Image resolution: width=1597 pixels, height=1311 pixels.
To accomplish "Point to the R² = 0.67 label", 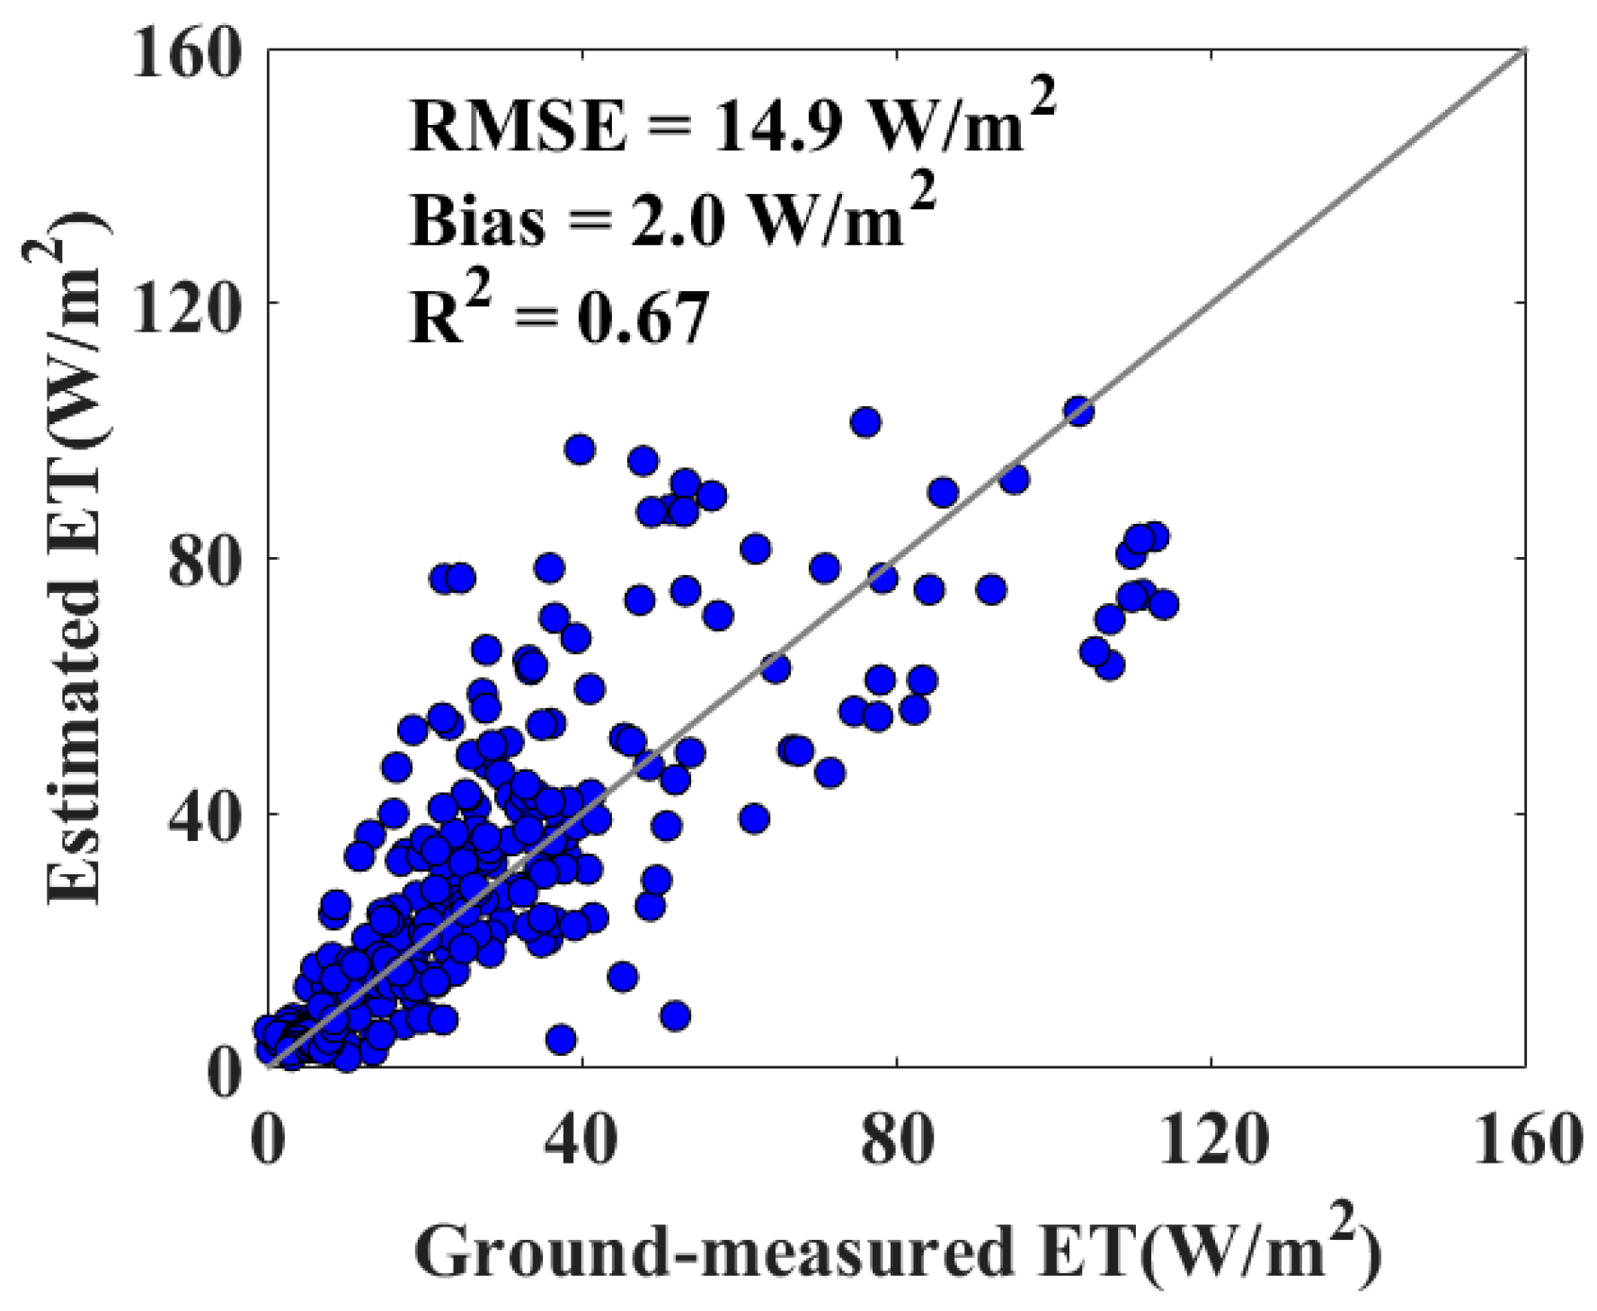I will tap(558, 317).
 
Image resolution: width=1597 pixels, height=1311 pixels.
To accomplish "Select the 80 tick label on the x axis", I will tap(896, 1139).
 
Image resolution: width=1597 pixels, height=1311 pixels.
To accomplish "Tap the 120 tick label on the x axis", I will tap(1211, 1139).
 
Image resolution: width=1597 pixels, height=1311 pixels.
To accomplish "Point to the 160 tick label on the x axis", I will tap(1524, 1139).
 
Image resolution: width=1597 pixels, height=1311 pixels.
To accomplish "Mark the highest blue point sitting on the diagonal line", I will tap(1078, 412).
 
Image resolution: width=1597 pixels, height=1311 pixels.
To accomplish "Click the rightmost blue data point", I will tap(1163, 605).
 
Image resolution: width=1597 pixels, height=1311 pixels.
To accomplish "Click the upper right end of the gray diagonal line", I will tap(1523, 51).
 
